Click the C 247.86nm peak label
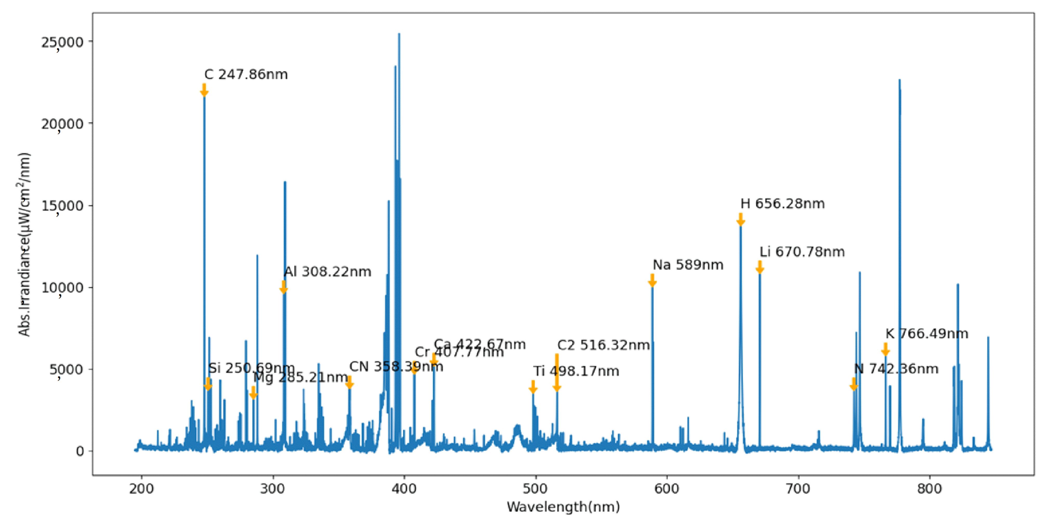[x=246, y=75]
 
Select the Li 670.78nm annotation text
[x=802, y=252]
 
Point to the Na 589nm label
[x=688, y=265]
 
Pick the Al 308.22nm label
[x=327, y=272]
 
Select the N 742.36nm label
[x=896, y=369]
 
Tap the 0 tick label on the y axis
[x=80, y=451]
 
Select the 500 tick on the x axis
[x=535, y=488]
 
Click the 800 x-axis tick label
[x=930, y=488]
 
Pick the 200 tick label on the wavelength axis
[x=141, y=488]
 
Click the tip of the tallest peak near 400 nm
[x=399, y=34]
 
